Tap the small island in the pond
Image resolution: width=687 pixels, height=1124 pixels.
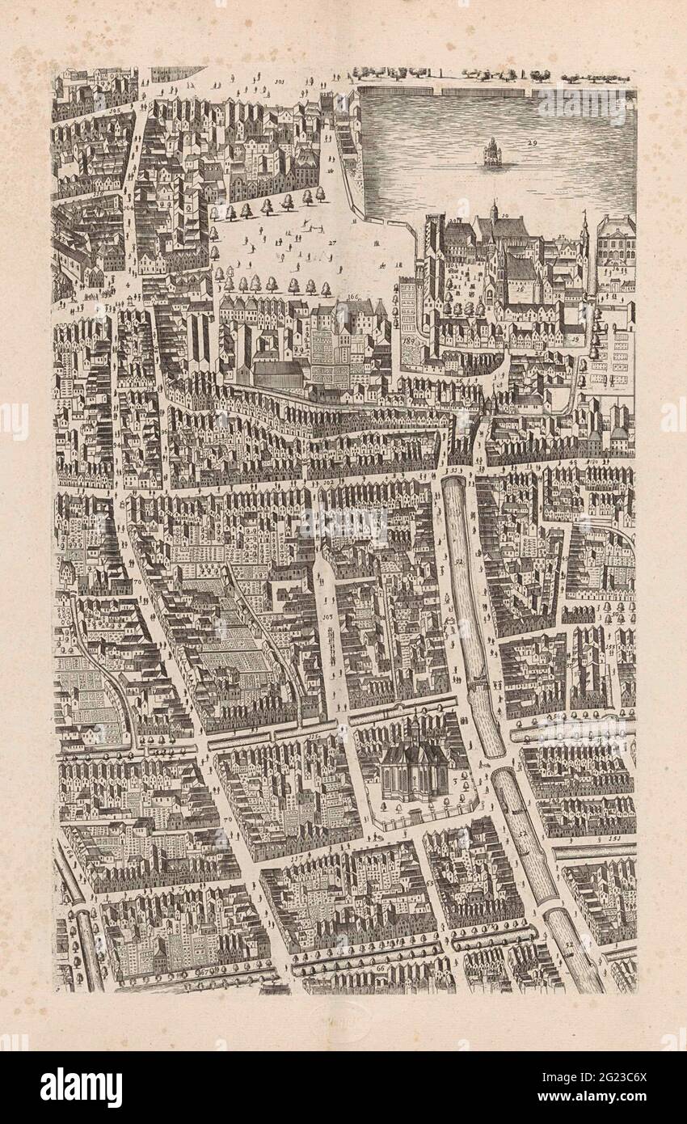point(491,154)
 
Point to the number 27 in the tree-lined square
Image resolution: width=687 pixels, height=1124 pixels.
point(331,242)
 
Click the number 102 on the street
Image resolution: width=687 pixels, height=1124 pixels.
point(328,482)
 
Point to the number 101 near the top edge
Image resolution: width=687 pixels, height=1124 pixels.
point(280,82)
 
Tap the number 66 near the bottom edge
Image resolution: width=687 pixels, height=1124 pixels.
point(380,967)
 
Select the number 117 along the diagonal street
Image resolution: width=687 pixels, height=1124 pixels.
point(297,857)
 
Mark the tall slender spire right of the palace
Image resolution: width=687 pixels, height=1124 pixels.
point(584,226)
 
